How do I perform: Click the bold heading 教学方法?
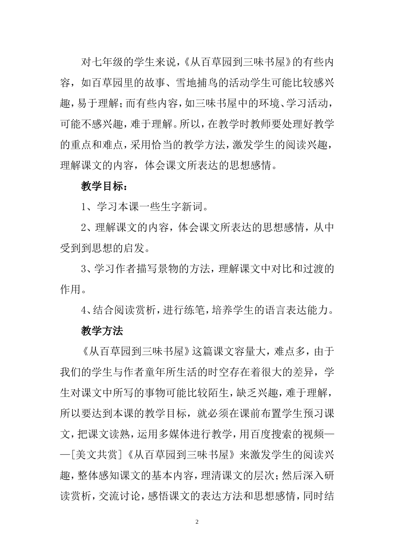102,331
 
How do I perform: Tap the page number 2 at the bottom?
197,521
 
